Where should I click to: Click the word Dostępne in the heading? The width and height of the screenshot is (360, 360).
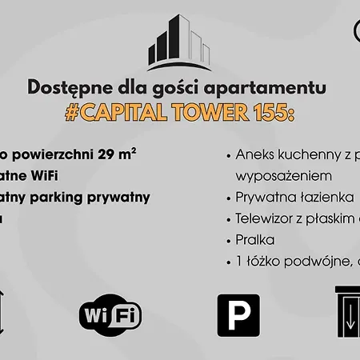[65, 87]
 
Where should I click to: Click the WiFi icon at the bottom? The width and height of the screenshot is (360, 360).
[110, 314]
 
